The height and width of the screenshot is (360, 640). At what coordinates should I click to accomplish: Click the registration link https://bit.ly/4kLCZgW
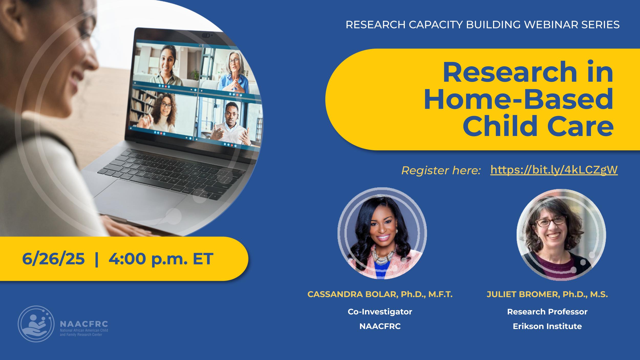554,170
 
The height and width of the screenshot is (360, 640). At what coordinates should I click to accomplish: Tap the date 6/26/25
53,259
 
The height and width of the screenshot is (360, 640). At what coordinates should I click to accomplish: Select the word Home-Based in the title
518,99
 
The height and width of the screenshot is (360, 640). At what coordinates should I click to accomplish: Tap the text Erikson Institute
547,326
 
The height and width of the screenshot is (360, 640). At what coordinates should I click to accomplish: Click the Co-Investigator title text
380,312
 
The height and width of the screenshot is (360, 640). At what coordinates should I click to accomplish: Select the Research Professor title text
547,312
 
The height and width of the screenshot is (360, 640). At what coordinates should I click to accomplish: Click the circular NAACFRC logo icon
36,324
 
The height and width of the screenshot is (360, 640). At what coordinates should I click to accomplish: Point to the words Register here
441,171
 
